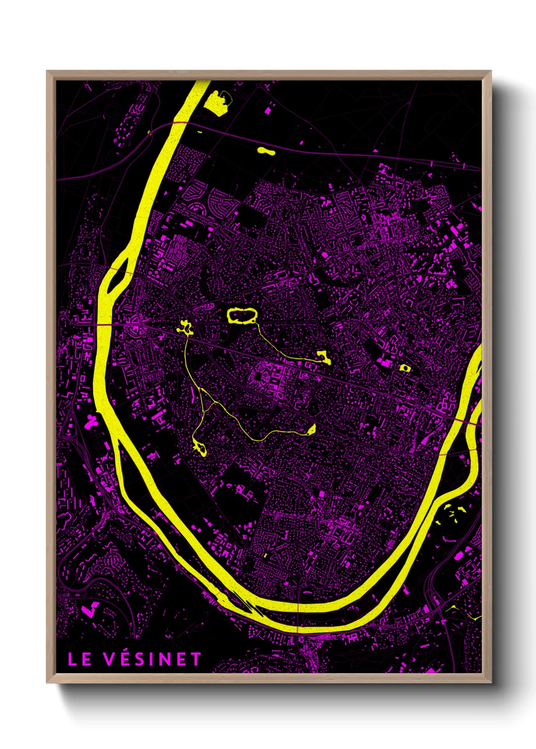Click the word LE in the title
click(80, 659)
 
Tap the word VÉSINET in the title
click(152, 659)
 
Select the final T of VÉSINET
click(196, 659)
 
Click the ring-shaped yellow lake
click(242, 316)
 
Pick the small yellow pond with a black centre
click(404, 367)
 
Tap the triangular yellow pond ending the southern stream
click(311, 430)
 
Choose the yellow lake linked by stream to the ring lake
click(322, 358)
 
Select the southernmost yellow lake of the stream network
click(199, 447)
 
